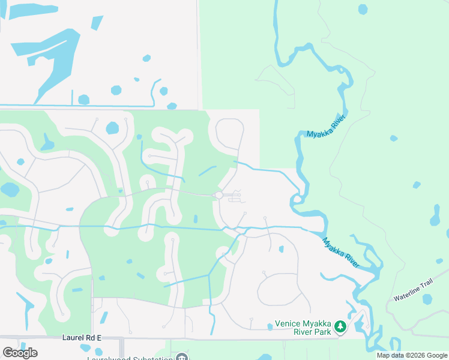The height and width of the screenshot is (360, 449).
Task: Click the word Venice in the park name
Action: point(288,324)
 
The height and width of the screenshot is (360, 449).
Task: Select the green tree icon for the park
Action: point(340,327)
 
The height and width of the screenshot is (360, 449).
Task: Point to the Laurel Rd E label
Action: point(82,338)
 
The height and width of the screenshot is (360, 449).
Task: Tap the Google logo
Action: point(20,352)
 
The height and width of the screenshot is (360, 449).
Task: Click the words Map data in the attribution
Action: point(389,355)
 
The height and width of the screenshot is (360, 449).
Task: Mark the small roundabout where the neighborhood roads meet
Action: point(219,195)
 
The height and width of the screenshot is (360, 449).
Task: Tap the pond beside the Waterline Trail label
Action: point(427,299)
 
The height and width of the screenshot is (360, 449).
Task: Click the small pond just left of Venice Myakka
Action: point(270,327)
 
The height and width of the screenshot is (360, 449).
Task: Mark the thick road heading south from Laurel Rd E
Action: point(122,349)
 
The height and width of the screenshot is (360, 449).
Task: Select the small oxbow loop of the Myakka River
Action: point(297,200)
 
